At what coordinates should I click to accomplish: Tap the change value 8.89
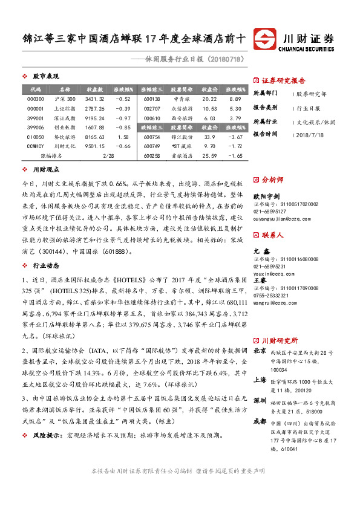tap(235, 99)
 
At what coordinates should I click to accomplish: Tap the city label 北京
tap(260, 333)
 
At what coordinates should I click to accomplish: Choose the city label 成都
tap(260, 404)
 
